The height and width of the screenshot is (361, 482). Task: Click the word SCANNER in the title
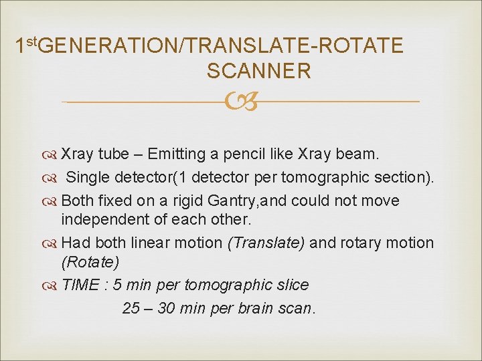[x=259, y=71]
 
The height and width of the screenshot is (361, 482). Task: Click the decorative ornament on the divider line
[x=240, y=102]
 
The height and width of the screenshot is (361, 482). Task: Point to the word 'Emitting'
[x=176, y=154]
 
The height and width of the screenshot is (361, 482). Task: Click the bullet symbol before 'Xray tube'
[x=53, y=155]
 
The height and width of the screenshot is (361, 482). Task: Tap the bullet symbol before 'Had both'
[x=53, y=243]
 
